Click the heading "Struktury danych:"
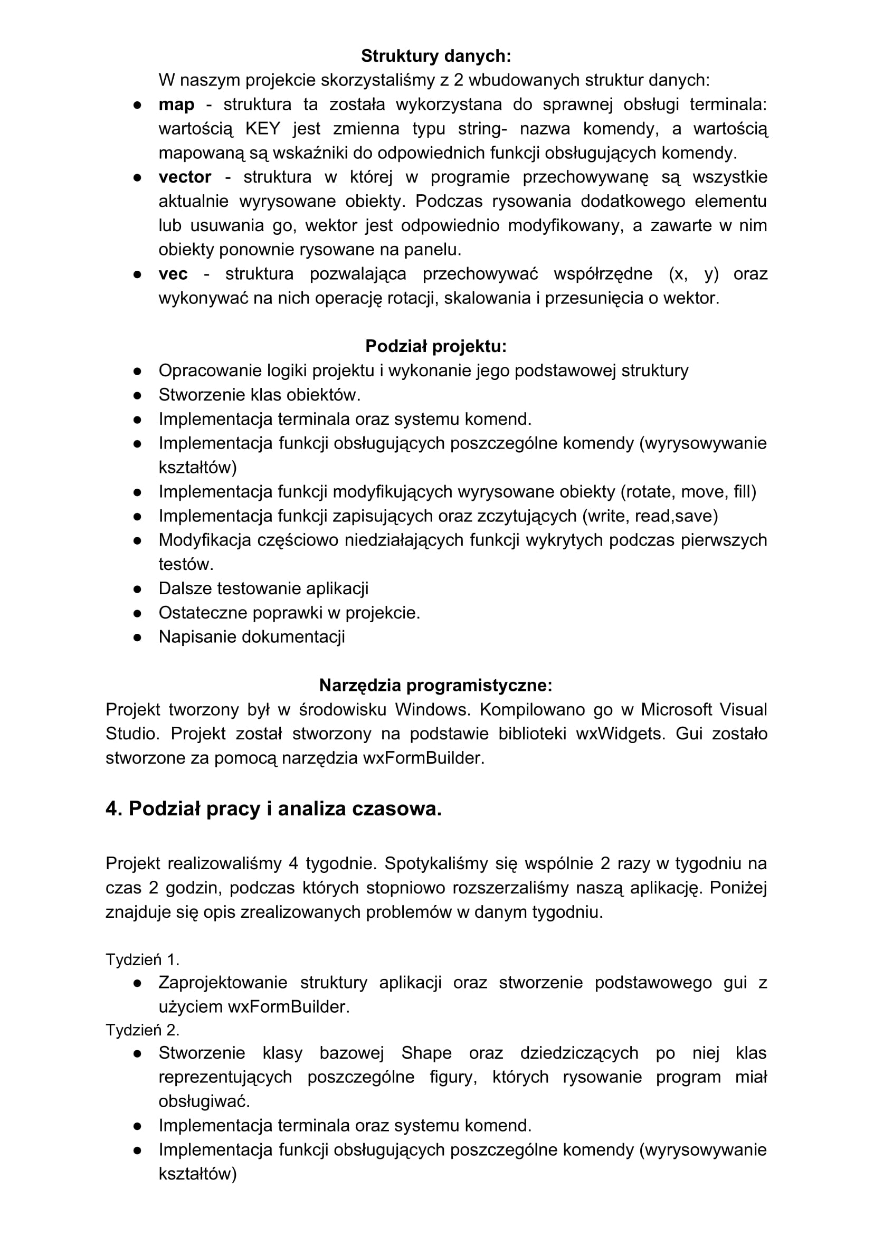(x=435, y=56)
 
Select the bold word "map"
(x=176, y=104)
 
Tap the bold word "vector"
(x=185, y=177)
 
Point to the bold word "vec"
(x=173, y=274)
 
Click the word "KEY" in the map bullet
(x=263, y=129)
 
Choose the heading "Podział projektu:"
(x=435, y=346)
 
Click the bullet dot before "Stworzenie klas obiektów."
(x=137, y=395)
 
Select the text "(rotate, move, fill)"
(x=688, y=491)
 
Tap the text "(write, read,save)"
(x=650, y=516)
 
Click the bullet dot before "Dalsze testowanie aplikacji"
(x=137, y=588)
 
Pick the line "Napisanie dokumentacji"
(x=251, y=637)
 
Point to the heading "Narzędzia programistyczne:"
(x=435, y=686)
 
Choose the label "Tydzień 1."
(x=142, y=959)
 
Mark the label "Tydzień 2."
(x=142, y=1030)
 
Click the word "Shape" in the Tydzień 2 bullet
(x=426, y=1053)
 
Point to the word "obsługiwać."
(x=204, y=1101)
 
